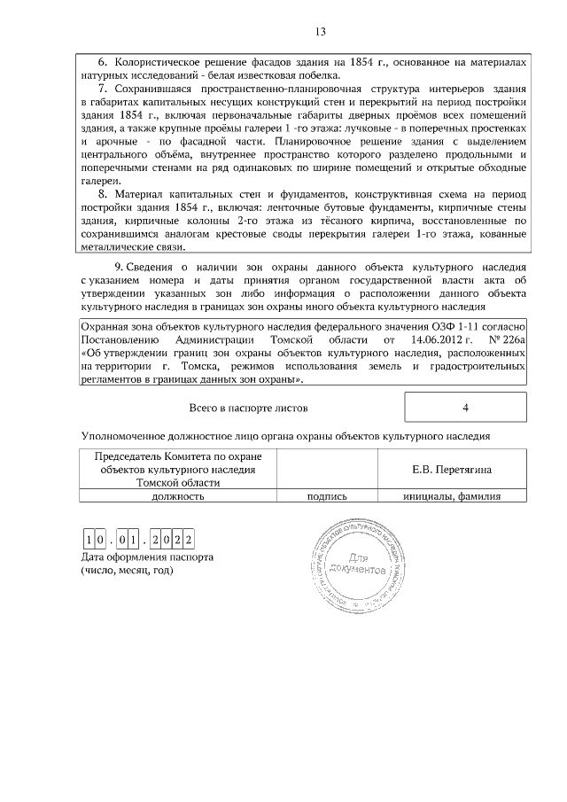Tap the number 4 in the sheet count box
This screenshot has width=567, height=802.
[465, 408]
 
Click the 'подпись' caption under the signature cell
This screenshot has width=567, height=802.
[326, 497]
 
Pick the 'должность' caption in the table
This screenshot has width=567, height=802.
[178, 497]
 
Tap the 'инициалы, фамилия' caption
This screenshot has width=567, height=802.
[452, 497]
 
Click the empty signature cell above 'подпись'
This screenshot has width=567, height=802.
[326, 468]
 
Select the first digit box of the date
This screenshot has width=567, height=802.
[89, 540]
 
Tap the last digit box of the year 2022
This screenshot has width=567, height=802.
[189, 540]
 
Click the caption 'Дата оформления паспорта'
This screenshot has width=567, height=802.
[147, 557]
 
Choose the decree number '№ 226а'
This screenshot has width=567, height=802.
[506, 339]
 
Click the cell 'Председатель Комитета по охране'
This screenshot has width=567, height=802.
[178, 456]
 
